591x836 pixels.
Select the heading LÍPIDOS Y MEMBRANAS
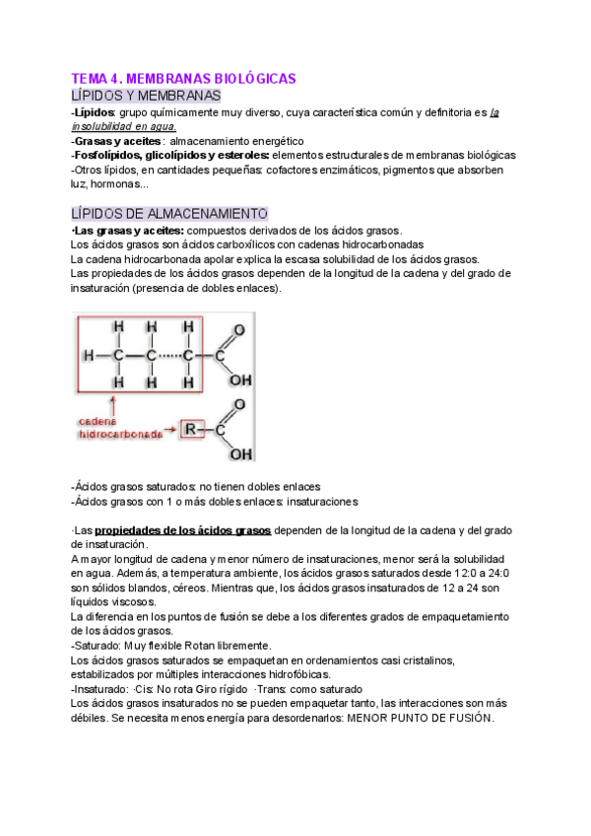(x=146, y=96)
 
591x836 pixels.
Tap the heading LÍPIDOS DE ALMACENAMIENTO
(x=169, y=214)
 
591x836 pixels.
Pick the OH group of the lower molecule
(x=239, y=453)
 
